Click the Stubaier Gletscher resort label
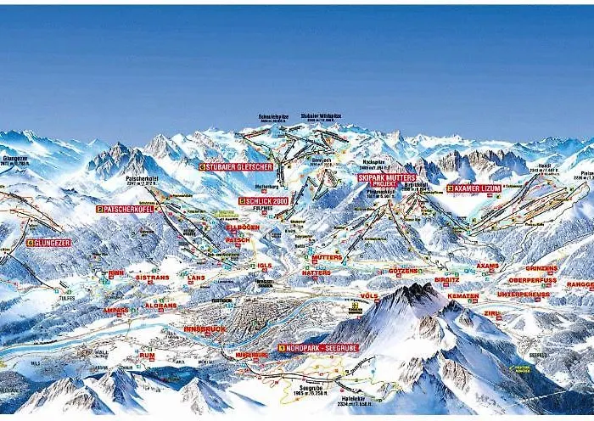tap(237, 167)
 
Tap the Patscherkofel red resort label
tap(127, 208)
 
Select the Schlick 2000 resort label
tap(264, 201)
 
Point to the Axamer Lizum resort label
tap(474, 188)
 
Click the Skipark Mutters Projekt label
tap(386, 179)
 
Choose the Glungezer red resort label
tap(48, 243)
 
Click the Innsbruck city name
tap(205, 328)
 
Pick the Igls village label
tap(265, 266)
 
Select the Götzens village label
tap(403, 271)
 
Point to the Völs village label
tap(369, 296)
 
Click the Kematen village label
tap(463, 296)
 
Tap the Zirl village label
tap(491, 313)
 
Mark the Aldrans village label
tap(160, 304)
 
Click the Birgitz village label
tap(446, 279)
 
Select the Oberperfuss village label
tap(532, 280)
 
